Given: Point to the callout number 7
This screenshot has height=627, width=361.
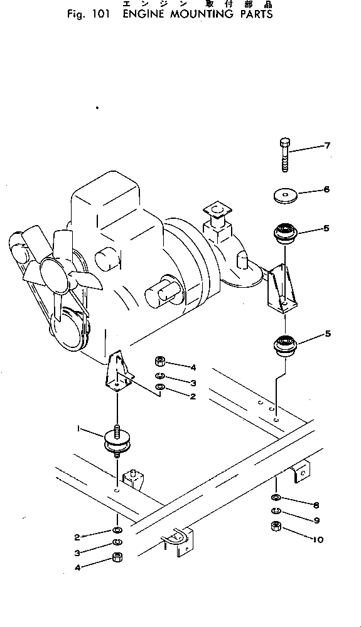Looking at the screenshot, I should [326, 146].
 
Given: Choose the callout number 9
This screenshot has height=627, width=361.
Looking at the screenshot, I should [316, 519].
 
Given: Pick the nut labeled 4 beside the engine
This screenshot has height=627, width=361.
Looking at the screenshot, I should [159, 362].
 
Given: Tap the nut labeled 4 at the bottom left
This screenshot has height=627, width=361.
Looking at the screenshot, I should [117, 559].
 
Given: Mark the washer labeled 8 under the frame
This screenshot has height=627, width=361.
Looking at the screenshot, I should [276, 498].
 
